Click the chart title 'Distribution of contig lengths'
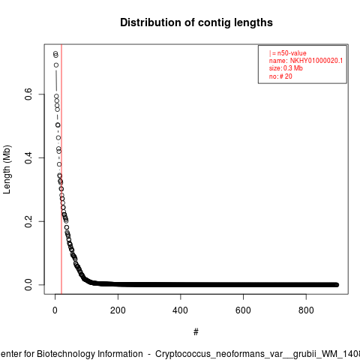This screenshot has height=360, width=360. [x=196, y=22]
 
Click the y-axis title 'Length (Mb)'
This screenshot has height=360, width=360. [x=7, y=169]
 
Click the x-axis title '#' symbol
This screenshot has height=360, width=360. [x=196, y=332]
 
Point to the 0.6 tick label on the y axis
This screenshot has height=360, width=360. [x=28, y=94]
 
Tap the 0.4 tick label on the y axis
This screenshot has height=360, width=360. [x=28, y=157]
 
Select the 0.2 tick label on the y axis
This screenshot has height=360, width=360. [x=28, y=221]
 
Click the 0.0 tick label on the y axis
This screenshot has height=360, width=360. [x=28, y=285]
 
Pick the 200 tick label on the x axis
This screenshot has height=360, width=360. [x=118, y=310]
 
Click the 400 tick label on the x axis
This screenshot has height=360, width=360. [x=180, y=310]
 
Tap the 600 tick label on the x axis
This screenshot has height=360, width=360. [x=243, y=310]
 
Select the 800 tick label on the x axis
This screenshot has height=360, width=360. [x=306, y=310]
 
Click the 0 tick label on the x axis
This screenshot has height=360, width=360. [x=55, y=310]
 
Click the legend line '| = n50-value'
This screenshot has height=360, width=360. [x=288, y=53]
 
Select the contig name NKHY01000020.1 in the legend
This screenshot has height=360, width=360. [x=316, y=61]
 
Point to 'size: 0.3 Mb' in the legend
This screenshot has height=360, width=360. [x=286, y=68]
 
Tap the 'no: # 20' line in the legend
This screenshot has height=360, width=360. [x=280, y=76]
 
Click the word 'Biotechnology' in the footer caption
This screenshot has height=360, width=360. [x=65, y=354]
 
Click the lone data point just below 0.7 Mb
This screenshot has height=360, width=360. [x=56, y=65]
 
